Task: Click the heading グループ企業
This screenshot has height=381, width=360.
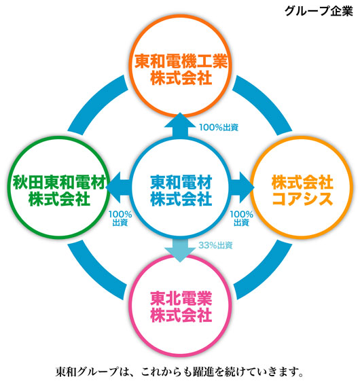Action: tap(319, 11)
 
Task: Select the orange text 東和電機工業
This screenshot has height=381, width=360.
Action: tap(181, 61)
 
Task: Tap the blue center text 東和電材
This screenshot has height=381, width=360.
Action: tap(181, 182)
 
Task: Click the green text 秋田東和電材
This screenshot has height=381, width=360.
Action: tap(60, 182)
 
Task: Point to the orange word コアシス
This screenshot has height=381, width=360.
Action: tap(302, 199)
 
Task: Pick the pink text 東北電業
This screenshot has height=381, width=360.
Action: tap(181, 298)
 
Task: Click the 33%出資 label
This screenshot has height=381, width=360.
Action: tap(215, 245)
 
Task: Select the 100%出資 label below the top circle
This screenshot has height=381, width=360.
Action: tap(219, 127)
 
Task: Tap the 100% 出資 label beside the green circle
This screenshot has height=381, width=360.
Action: tap(120, 218)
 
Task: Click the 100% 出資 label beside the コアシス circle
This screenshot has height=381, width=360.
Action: tap(241, 218)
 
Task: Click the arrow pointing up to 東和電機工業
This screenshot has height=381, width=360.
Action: tap(180, 126)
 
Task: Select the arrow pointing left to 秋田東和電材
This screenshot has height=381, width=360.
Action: tap(118, 187)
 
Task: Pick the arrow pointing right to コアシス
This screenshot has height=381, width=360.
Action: tap(241, 187)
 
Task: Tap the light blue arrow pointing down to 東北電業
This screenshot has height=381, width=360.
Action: tap(180, 249)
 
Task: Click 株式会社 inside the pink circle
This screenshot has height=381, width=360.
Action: tap(181, 315)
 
